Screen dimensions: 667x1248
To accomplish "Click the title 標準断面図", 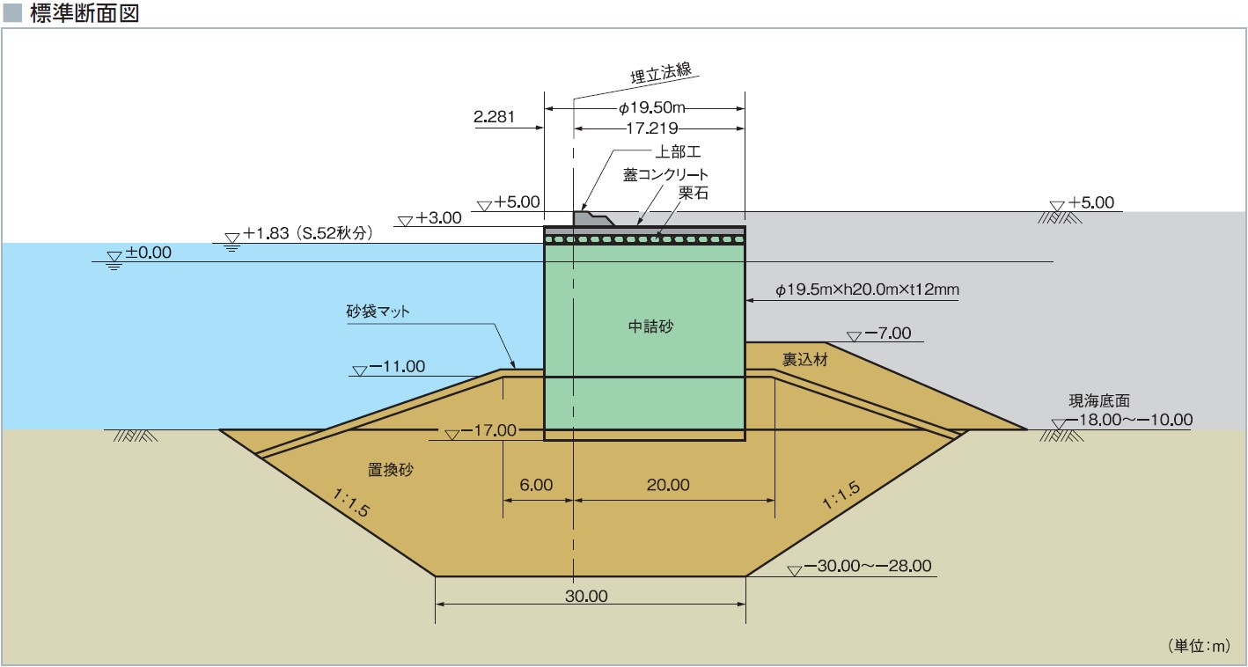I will [x=84, y=14].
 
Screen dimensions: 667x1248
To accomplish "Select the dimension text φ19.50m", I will [x=651, y=108].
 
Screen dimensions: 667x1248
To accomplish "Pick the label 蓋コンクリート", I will [x=665, y=174].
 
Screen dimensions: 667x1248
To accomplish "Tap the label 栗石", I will [x=694, y=193].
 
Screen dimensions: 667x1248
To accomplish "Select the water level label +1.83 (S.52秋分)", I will [x=308, y=234].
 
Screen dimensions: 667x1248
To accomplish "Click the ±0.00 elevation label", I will [x=148, y=253].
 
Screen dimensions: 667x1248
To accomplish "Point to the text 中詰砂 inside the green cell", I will [x=650, y=326].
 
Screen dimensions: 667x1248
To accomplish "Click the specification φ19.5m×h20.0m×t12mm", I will [x=866, y=289].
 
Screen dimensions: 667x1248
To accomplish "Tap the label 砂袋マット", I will [x=378, y=312].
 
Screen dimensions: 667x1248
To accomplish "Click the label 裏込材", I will [x=804, y=359].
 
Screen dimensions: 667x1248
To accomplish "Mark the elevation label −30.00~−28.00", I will [x=867, y=566].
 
